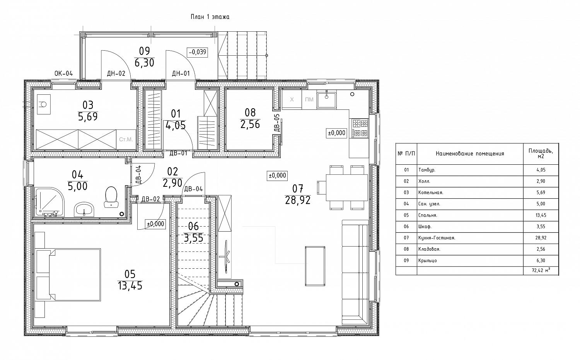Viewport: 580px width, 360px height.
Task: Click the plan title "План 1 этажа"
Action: pos(210,17)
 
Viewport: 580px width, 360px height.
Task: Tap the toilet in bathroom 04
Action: pos(111,197)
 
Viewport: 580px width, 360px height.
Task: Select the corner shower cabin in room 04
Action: pos(49,202)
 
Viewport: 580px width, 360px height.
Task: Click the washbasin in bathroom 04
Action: pos(84,209)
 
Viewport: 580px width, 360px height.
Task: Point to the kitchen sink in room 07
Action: pos(327,100)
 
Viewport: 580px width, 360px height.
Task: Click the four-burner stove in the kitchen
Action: pos(359,128)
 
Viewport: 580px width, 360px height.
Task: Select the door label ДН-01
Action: pos(181,73)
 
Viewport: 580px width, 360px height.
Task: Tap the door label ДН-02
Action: pos(116,73)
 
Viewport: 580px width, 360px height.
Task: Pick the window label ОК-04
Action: pos(64,73)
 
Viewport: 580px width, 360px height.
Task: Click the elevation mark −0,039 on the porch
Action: pos(198,52)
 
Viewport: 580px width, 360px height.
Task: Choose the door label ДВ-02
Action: pos(151,199)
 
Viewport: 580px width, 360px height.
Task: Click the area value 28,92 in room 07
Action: pos(298,200)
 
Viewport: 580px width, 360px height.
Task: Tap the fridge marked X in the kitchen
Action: pos(292,99)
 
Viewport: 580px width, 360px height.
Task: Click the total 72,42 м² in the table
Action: pos(541,271)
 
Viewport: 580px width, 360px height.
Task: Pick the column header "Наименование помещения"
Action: pos(470,154)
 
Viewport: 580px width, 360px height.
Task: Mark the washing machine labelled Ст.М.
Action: pos(126,140)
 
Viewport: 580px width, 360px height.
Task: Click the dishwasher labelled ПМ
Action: pos(309,99)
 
